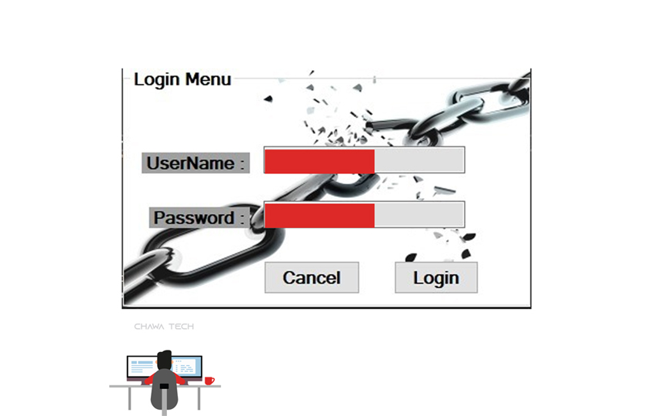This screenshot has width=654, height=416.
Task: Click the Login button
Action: click(435, 277)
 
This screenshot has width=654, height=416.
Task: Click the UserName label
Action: click(195, 163)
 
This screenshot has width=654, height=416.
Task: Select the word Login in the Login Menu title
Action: click(157, 79)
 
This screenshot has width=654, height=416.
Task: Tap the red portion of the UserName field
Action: click(319, 160)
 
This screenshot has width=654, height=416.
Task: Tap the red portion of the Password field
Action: click(319, 215)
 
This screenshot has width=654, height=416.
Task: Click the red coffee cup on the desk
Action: click(209, 380)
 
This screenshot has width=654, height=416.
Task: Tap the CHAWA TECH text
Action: click(164, 327)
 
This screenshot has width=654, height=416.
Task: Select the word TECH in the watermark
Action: click(182, 327)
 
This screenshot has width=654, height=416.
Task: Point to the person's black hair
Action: click(164, 358)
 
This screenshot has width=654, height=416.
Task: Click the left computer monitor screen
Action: click(142, 367)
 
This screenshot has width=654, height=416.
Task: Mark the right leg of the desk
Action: click(199, 398)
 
